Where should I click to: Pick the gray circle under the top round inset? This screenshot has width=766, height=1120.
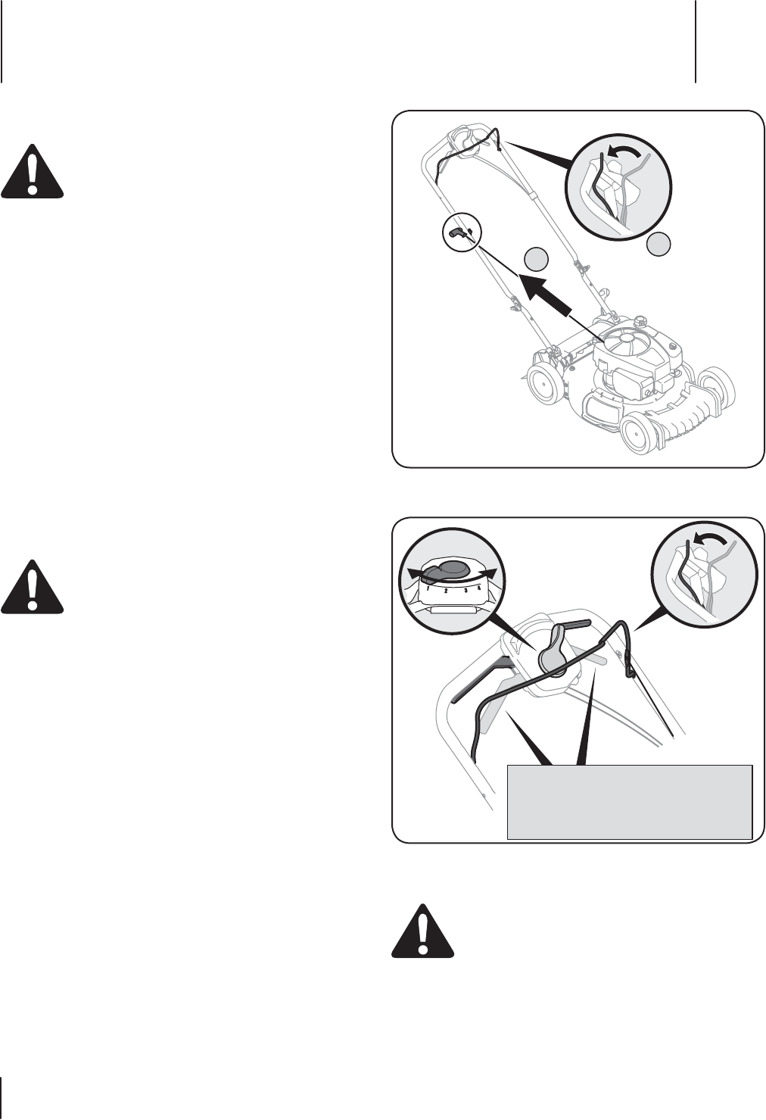[659, 244]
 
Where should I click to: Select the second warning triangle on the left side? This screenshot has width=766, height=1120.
[33, 588]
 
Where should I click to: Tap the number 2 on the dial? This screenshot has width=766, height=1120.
[447, 591]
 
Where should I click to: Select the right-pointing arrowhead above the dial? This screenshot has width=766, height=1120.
[493, 572]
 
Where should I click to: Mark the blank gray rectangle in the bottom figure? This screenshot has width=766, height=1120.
[629, 802]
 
